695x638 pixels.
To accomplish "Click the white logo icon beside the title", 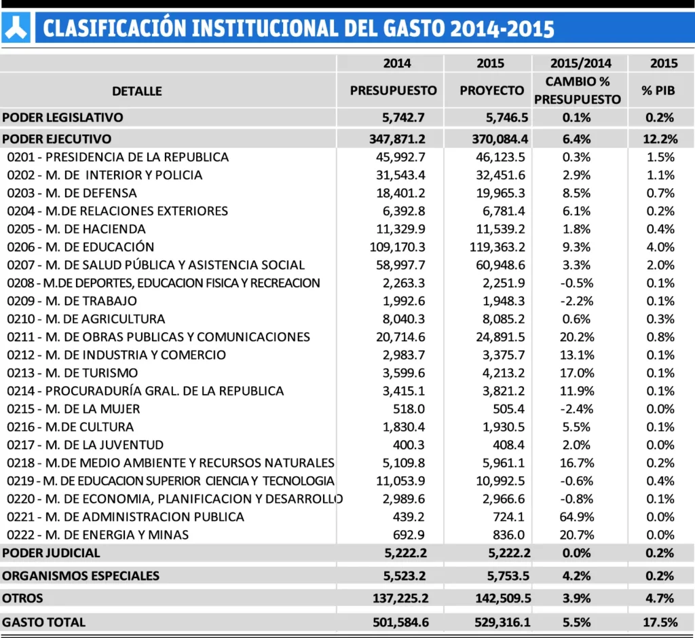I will (16, 28).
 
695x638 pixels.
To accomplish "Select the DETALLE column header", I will (137, 90).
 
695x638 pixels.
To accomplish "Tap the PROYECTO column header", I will (492, 90).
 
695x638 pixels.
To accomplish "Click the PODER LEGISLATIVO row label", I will (63, 118).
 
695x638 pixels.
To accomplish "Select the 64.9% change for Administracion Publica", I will (577, 516).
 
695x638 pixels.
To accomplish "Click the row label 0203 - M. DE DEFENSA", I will (73, 193).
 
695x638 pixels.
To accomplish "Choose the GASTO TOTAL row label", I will (44, 622).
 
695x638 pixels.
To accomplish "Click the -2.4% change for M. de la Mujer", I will (577, 409).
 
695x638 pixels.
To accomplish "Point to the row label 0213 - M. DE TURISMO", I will (73, 373).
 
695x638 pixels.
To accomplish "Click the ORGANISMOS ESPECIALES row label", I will (81, 576).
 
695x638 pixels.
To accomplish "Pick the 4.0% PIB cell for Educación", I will (661, 247).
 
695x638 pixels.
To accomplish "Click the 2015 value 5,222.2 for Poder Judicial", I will (508, 553).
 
